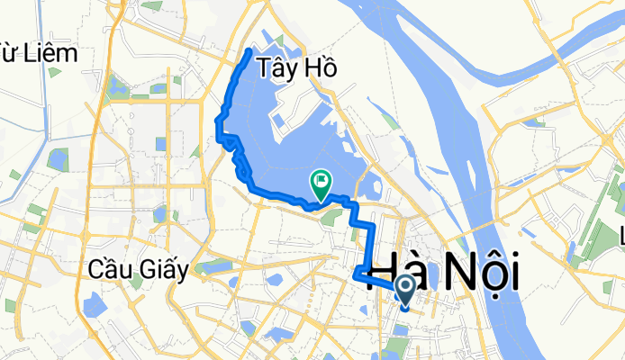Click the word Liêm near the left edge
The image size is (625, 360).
click(52, 53)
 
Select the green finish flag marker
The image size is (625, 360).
click(321, 184)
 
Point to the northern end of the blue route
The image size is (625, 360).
click(249, 49)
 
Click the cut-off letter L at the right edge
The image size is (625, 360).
click(620, 237)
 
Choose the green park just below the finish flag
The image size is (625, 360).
click(329, 214)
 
